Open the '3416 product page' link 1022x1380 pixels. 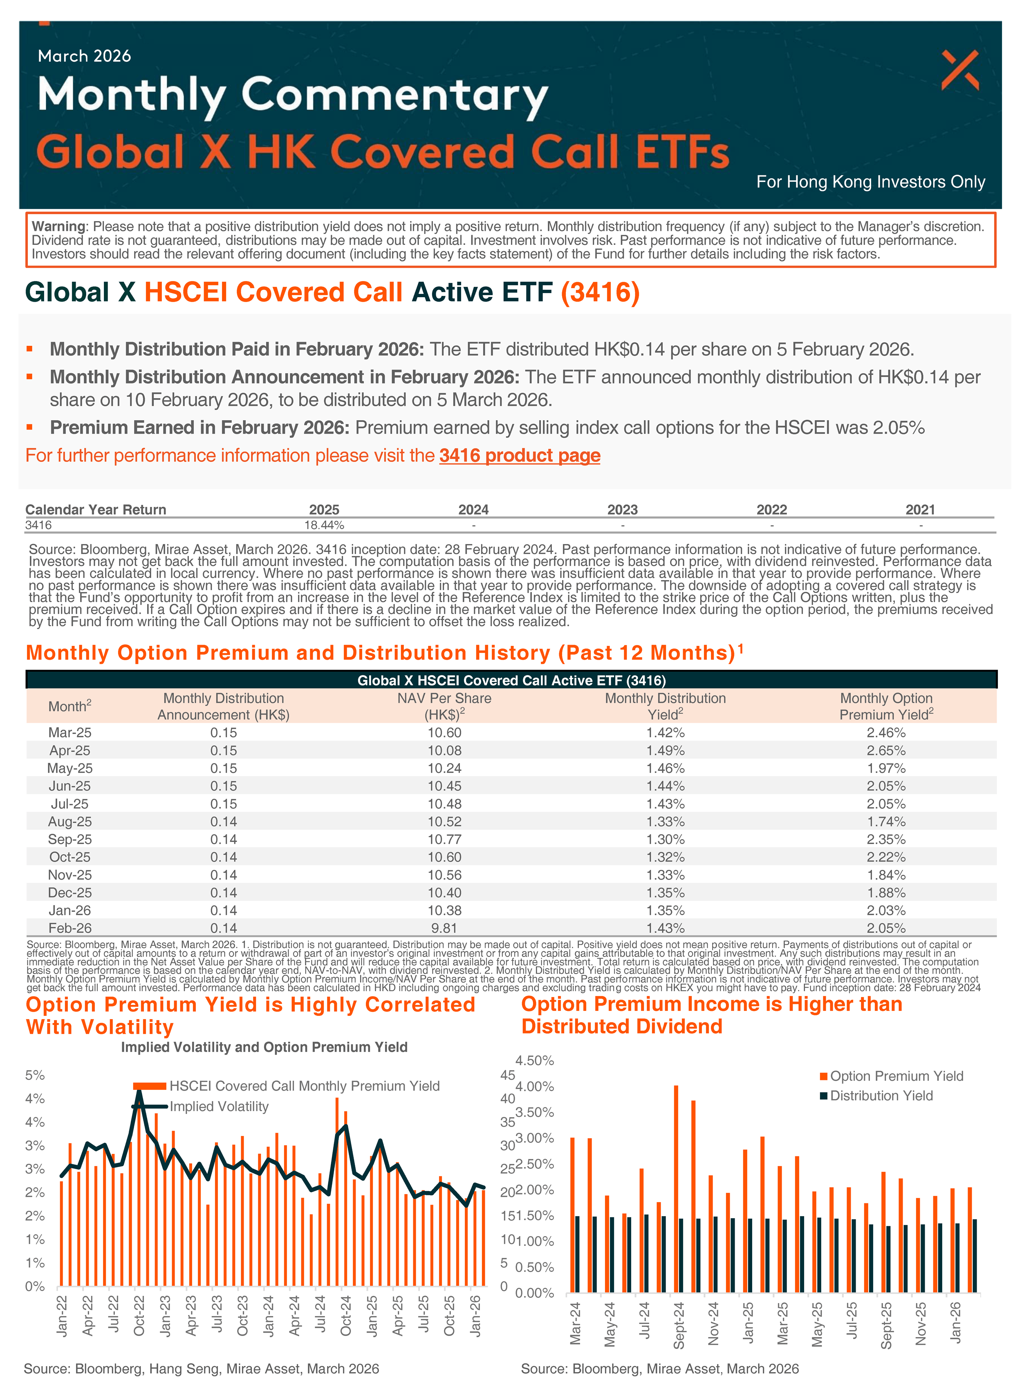(520, 456)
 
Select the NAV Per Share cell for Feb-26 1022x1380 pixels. (444, 928)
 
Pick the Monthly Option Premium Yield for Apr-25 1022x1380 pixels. (886, 750)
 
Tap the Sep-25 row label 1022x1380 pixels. (70, 839)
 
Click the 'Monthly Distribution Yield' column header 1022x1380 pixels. (665, 706)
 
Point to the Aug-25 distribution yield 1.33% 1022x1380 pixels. (665, 822)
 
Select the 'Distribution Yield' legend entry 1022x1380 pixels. (881, 1095)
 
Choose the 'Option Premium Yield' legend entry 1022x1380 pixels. (896, 1075)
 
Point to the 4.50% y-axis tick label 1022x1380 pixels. (535, 1060)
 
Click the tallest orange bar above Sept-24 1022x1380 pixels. (676, 1187)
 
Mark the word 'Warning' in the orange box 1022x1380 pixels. (59, 226)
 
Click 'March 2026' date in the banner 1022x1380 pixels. (84, 56)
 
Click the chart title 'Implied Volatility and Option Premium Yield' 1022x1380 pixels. (264, 1047)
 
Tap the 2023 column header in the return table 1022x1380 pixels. (622, 510)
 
